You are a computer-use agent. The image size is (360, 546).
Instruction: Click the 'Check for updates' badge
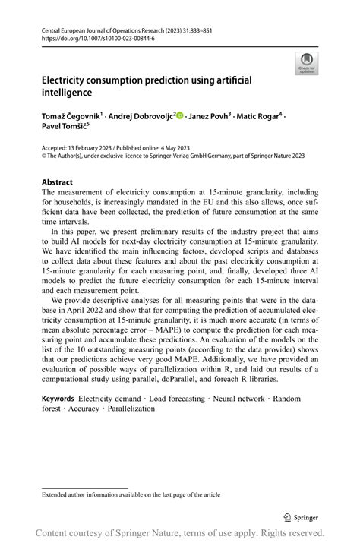(306, 63)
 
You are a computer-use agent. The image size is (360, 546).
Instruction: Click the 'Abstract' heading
(57, 182)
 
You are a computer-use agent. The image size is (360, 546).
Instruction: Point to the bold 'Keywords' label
(58, 399)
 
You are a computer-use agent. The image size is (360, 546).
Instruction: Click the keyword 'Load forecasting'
(189, 399)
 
